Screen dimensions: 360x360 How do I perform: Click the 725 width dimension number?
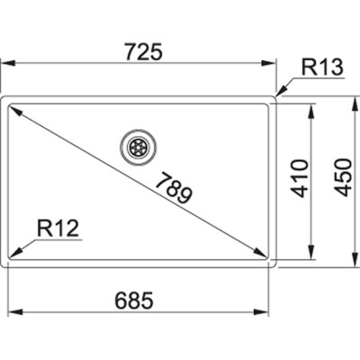tap(140, 52)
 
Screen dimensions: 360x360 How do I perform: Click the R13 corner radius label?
tap(319, 68)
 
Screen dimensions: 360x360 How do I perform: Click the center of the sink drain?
tap(138, 145)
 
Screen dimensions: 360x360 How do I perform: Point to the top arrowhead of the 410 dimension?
tap(310, 108)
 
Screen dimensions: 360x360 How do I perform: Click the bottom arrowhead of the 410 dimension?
tap(310, 256)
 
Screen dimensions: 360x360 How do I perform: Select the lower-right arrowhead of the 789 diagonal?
tap(264, 255)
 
